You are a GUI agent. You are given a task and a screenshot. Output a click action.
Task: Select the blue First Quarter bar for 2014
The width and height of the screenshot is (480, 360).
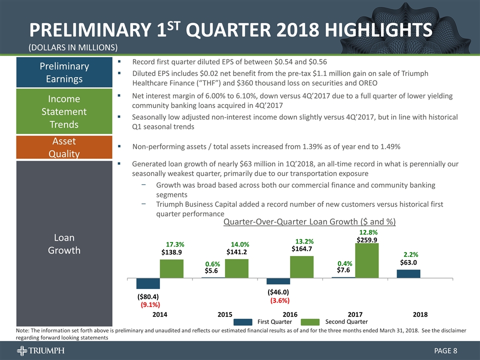click(x=148, y=283)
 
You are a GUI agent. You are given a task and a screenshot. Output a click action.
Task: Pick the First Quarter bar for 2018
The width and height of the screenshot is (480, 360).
click(x=408, y=273)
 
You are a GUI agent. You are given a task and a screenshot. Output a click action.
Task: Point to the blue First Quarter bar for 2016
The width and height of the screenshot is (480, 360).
click(x=278, y=281)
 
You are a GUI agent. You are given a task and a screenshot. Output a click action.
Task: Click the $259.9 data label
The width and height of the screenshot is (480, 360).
click(x=367, y=240)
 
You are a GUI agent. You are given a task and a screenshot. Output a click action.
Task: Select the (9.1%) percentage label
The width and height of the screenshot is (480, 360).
click(x=150, y=303)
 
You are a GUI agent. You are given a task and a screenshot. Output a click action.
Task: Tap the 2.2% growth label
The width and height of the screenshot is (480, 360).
click(x=410, y=253)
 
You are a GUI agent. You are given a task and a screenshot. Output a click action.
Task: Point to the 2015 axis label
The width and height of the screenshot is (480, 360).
click(x=225, y=314)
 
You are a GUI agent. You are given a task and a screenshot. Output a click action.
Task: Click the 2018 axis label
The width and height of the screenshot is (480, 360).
click(x=420, y=314)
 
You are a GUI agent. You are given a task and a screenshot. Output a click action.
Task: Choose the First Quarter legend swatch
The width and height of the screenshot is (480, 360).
click(x=244, y=321)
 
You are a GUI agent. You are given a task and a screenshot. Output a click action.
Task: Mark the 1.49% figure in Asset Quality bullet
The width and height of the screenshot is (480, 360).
click(x=389, y=146)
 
